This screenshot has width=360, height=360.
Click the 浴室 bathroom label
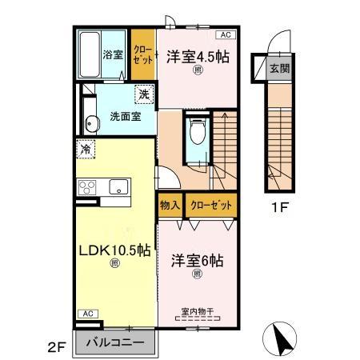point(112,56)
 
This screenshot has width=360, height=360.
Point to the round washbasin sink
point(91,122)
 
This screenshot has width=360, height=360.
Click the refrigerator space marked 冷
point(86,148)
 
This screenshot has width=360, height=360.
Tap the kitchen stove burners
point(88,188)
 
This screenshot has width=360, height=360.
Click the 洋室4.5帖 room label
point(195,58)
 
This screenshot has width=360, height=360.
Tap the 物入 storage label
point(169,206)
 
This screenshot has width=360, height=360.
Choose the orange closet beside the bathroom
point(143,54)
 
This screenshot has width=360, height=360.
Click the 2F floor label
point(55,346)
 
